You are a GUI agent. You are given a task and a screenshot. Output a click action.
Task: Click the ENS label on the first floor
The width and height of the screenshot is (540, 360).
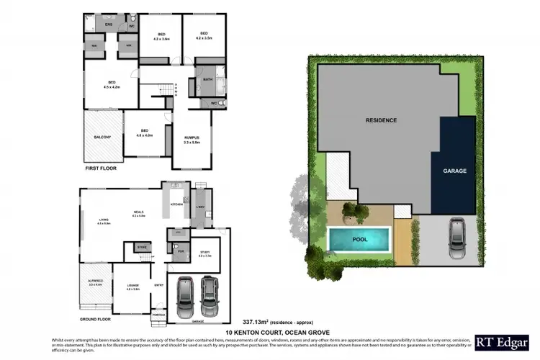click(x=109, y=25)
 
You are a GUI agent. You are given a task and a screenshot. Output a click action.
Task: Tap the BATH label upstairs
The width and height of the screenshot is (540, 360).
click(x=208, y=79)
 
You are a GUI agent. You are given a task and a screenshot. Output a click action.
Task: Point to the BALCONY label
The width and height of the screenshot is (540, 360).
click(x=102, y=137)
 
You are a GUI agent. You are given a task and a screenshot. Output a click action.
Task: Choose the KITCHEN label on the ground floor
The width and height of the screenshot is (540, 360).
click(x=176, y=204)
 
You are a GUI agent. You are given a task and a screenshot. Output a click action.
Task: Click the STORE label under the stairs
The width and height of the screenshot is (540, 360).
click(x=142, y=248)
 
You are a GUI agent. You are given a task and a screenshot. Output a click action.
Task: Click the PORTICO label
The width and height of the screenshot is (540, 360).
click(x=158, y=315)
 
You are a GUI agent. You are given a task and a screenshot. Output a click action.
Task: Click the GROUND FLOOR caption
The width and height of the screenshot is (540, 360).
click(x=97, y=318)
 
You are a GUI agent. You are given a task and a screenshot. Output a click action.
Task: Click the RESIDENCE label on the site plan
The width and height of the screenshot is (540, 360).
click(x=381, y=120)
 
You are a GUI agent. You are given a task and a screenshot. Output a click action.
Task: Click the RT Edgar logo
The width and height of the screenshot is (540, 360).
click(x=504, y=343)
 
